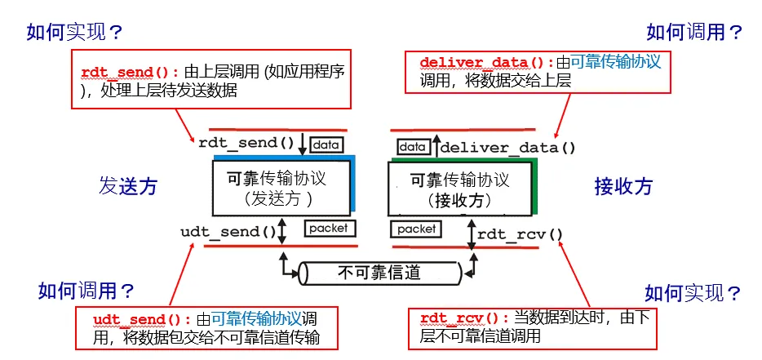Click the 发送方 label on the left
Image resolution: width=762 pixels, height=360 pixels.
(x=128, y=186)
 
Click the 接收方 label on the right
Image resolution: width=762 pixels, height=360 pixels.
(x=624, y=186)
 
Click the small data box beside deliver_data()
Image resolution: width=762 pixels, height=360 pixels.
(x=413, y=147)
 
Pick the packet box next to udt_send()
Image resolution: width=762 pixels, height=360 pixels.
(x=329, y=229)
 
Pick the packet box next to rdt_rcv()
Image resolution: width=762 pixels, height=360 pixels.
(x=417, y=229)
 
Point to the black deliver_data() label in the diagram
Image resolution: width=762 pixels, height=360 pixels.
(x=508, y=148)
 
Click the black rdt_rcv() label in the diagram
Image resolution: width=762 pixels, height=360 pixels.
(x=521, y=234)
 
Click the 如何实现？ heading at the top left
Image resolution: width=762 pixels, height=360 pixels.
(x=74, y=32)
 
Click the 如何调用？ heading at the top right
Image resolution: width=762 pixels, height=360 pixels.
(x=694, y=32)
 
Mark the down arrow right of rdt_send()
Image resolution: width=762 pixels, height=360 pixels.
(x=303, y=144)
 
